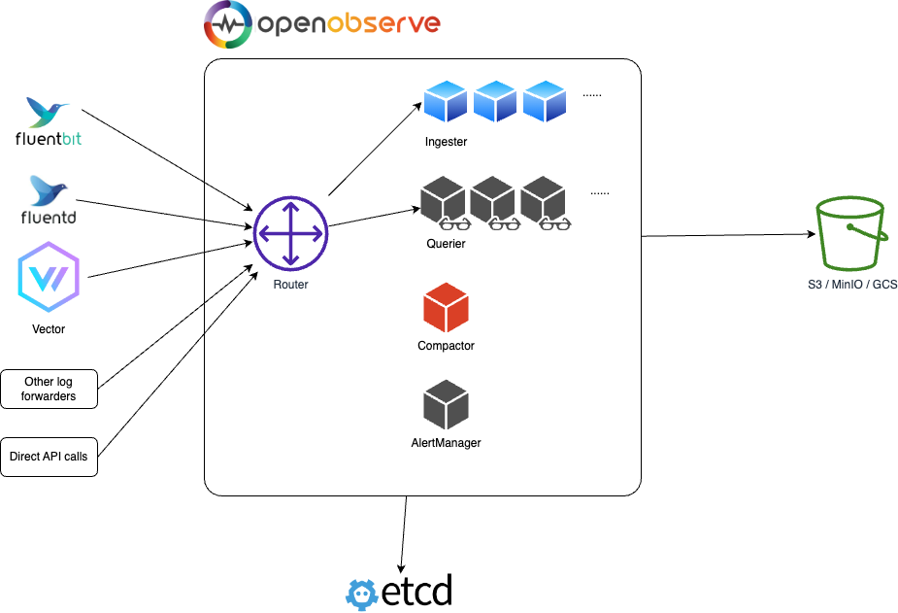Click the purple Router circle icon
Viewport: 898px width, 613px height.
(x=291, y=234)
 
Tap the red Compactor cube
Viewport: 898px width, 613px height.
(x=447, y=308)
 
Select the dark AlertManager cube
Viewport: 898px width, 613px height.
(x=447, y=404)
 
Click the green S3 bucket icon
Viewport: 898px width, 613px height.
(x=851, y=233)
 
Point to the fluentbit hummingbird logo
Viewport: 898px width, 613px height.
(x=47, y=112)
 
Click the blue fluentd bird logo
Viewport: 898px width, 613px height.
(x=49, y=190)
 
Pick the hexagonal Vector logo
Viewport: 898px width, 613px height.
(x=49, y=277)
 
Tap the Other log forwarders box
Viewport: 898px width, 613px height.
(x=50, y=389)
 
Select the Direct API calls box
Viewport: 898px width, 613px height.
(x=50, y=457)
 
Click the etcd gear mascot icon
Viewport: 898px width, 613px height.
(x=362, y=595)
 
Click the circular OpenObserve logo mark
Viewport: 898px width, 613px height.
(x=228, y=24)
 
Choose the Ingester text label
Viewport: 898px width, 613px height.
(x=447, y=142)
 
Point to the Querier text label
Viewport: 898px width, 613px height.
(x=447, y=244)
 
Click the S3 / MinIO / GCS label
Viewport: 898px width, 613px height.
(x=852, y=285)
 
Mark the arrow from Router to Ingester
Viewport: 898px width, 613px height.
(x=375, y=150)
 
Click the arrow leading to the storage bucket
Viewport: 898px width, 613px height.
(x=728, y=235)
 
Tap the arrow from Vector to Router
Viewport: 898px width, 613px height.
(x=170, y=260)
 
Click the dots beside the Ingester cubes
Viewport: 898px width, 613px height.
(x=592, y=95)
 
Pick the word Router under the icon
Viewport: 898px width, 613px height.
(x=291, y=285)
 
